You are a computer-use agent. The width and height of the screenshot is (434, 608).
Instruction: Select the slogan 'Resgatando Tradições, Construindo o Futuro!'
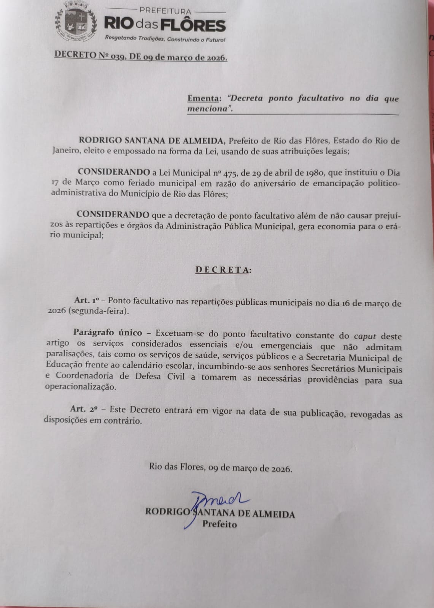point(165,39)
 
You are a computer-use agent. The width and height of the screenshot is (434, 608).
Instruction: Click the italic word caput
point(365,336)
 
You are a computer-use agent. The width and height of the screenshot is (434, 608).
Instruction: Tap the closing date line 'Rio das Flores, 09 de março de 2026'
point(221,468)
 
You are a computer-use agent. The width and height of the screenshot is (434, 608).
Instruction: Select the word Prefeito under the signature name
point(219,524)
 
